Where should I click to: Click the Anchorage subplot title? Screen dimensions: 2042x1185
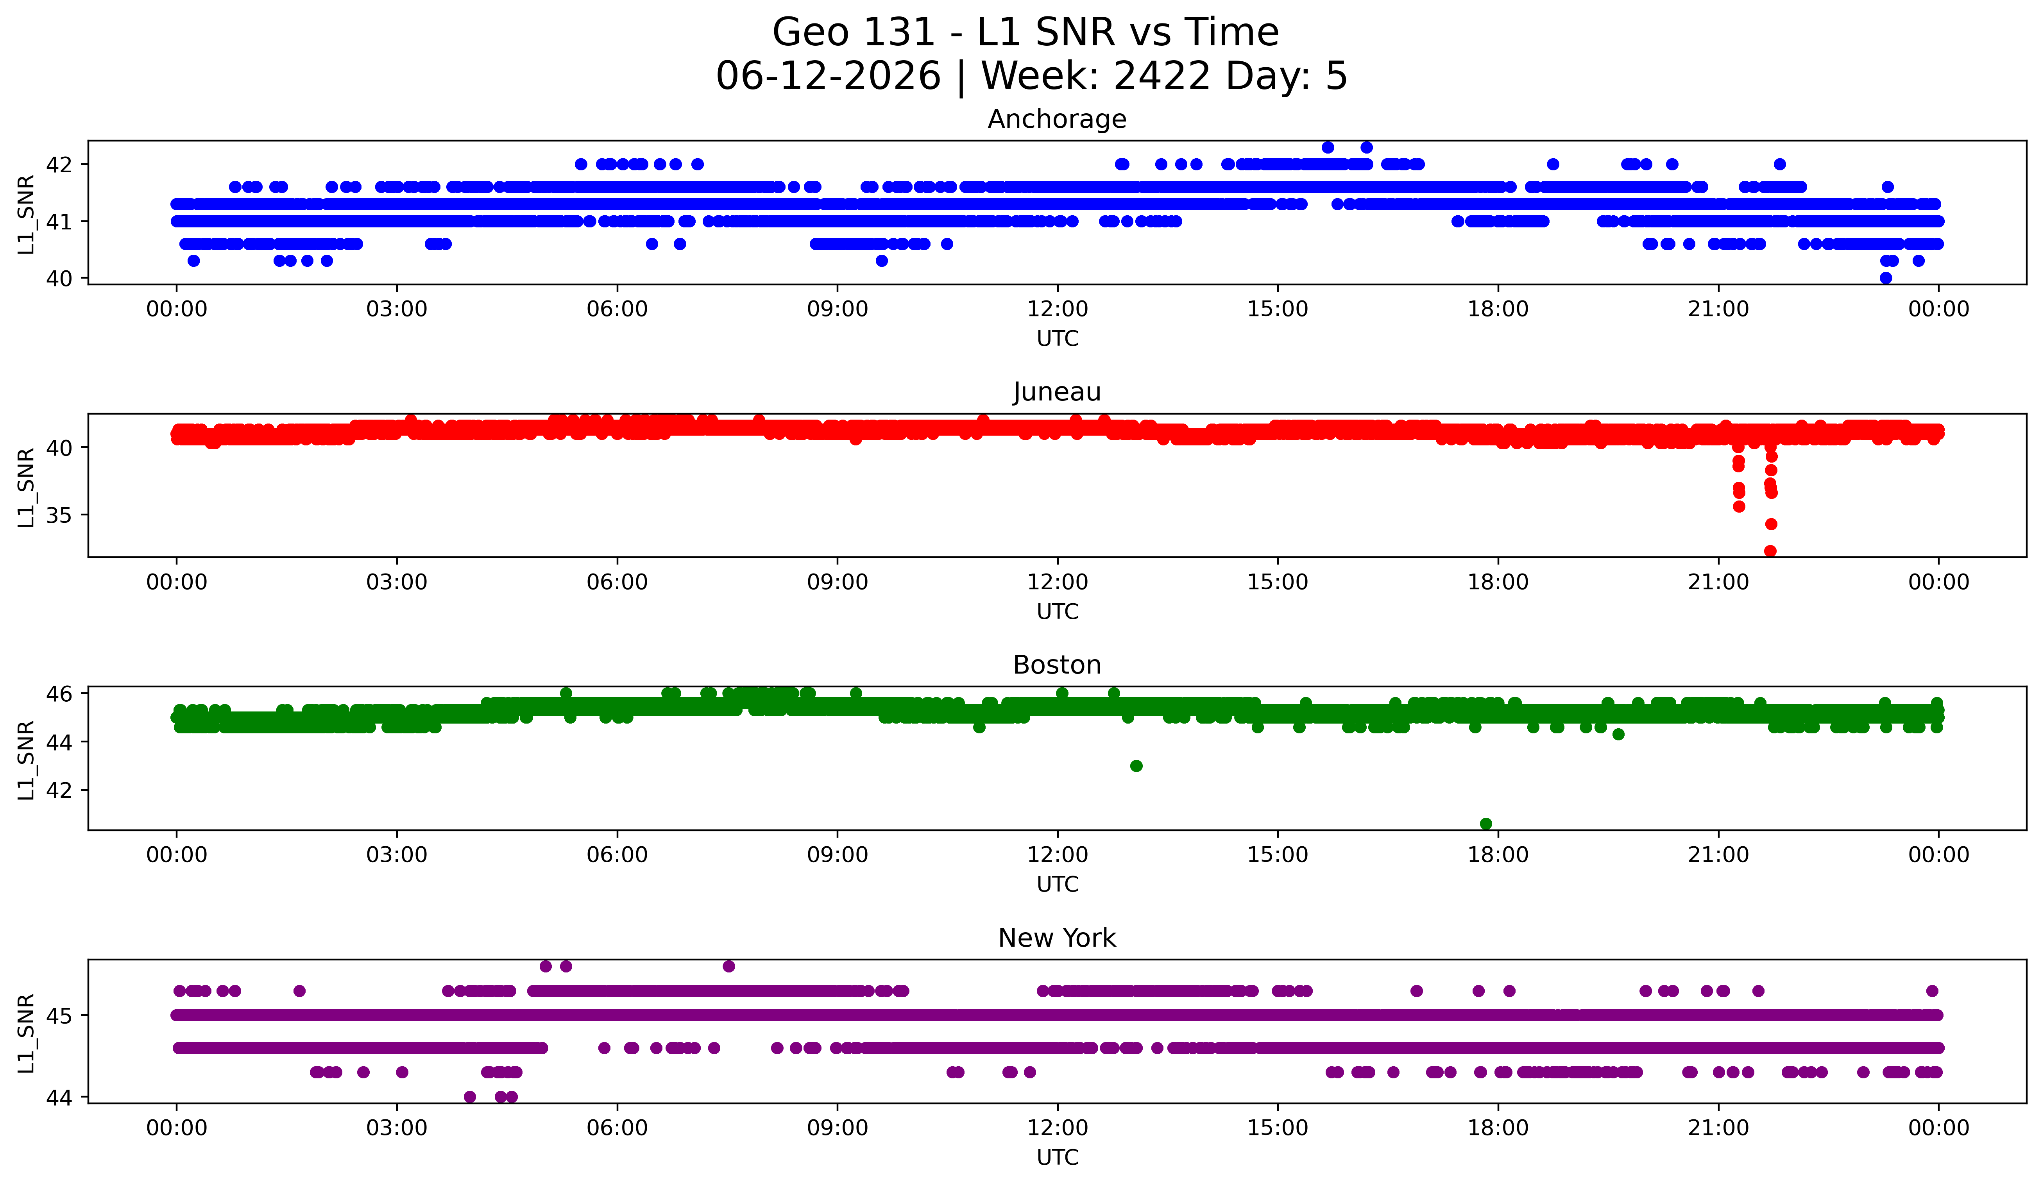(x=1057, y=119)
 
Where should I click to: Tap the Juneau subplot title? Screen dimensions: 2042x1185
(x=1057, y=392)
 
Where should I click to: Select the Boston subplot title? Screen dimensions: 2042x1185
(x=1057, y=665)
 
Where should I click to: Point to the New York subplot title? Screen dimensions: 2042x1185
(x=1057, y=938)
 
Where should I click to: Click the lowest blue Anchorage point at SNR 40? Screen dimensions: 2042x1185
(x=1886, y=278)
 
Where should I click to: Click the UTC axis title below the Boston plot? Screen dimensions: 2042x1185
(x=1058, y=885)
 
